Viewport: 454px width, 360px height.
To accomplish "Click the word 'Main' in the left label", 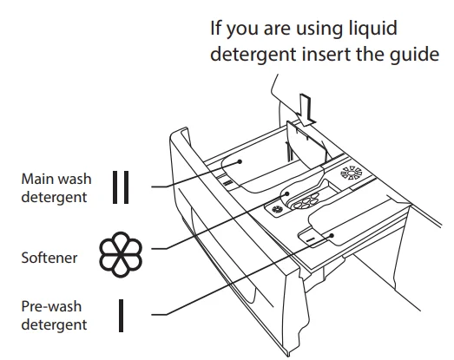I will coord(38,179).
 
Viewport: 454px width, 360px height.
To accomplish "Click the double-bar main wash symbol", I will coord(121,186).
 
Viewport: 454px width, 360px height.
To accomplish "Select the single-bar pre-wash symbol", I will coord(121,315).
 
